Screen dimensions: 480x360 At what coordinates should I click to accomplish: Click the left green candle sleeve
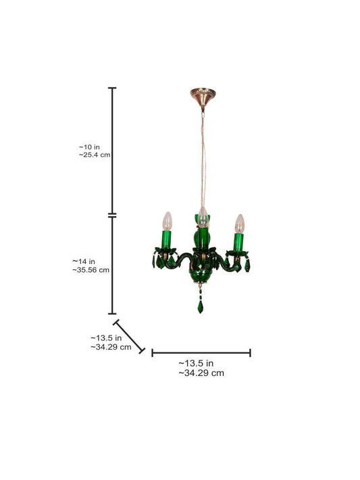point(167,240)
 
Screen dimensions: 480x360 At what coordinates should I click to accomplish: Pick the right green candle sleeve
point(238,241)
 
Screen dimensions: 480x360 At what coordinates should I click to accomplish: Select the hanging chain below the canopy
point(201,155)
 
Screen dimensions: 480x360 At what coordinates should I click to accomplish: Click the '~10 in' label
point(89,146)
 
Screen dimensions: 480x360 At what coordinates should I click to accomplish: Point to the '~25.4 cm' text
point(95,155)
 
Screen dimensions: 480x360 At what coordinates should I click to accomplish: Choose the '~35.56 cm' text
point(91,269)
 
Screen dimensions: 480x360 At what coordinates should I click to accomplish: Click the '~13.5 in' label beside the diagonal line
point(106,338)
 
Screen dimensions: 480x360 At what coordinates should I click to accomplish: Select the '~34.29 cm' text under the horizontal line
point(201,372)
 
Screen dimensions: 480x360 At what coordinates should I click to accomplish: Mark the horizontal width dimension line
point(201,352)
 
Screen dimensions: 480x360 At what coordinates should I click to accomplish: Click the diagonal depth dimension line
point(128,336)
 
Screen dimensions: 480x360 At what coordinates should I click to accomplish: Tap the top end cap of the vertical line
point(113,88)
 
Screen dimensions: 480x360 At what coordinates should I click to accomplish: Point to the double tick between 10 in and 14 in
point(113,215)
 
